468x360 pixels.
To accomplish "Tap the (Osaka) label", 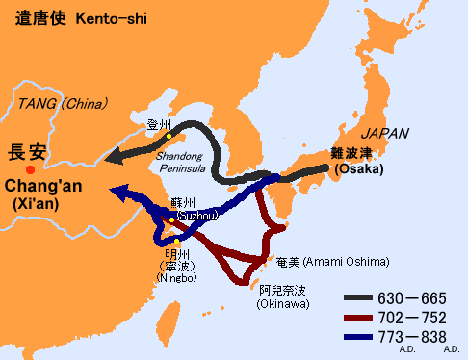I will tap(358, 169).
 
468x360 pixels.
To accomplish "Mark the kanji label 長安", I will tap(26, 152).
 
